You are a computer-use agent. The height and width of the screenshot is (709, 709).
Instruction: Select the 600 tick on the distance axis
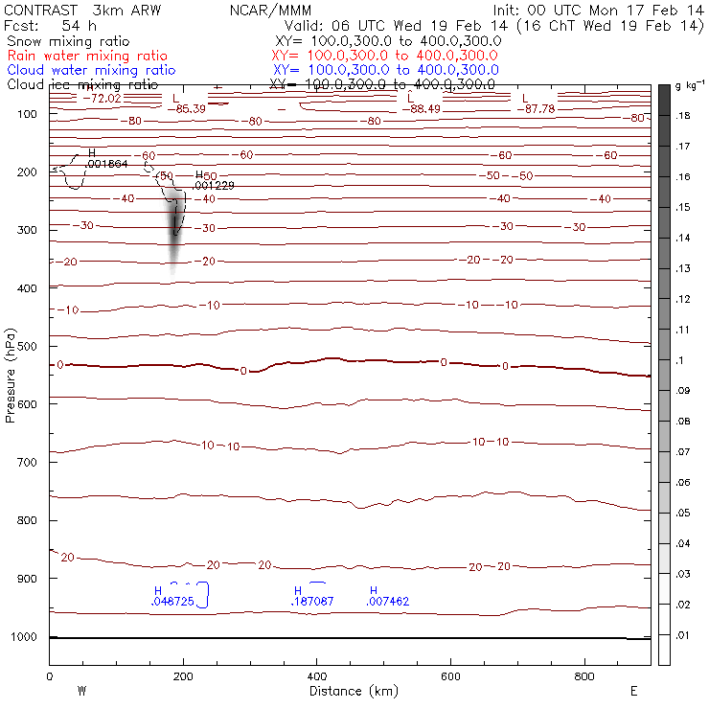451,676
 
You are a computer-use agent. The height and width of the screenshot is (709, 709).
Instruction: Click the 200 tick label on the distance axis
183,676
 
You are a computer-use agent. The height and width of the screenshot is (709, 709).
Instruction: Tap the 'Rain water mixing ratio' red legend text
86,56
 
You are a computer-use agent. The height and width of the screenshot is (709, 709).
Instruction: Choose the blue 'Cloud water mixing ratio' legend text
91,70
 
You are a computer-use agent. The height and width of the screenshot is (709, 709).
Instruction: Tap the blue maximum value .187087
312,602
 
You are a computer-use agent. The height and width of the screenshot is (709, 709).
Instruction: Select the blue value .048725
172,602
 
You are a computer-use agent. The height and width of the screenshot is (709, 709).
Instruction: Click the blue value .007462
388,602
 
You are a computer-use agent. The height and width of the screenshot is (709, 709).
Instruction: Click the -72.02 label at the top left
100,98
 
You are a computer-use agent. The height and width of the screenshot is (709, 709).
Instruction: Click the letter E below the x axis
633,691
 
